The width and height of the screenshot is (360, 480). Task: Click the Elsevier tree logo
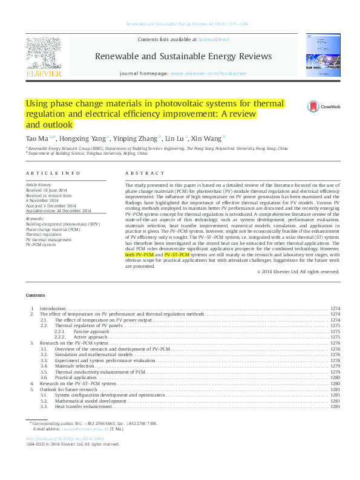(43, 54)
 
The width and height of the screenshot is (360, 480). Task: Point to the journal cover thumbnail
(321, 57)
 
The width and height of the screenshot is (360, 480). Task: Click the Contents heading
(35, 295)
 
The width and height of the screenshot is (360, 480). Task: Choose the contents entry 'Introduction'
(53, 309)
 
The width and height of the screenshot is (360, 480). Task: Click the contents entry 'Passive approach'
(91, 331)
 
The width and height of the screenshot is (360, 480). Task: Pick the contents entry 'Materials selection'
(75, 366)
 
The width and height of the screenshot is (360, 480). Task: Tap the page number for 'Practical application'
(335, 377)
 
